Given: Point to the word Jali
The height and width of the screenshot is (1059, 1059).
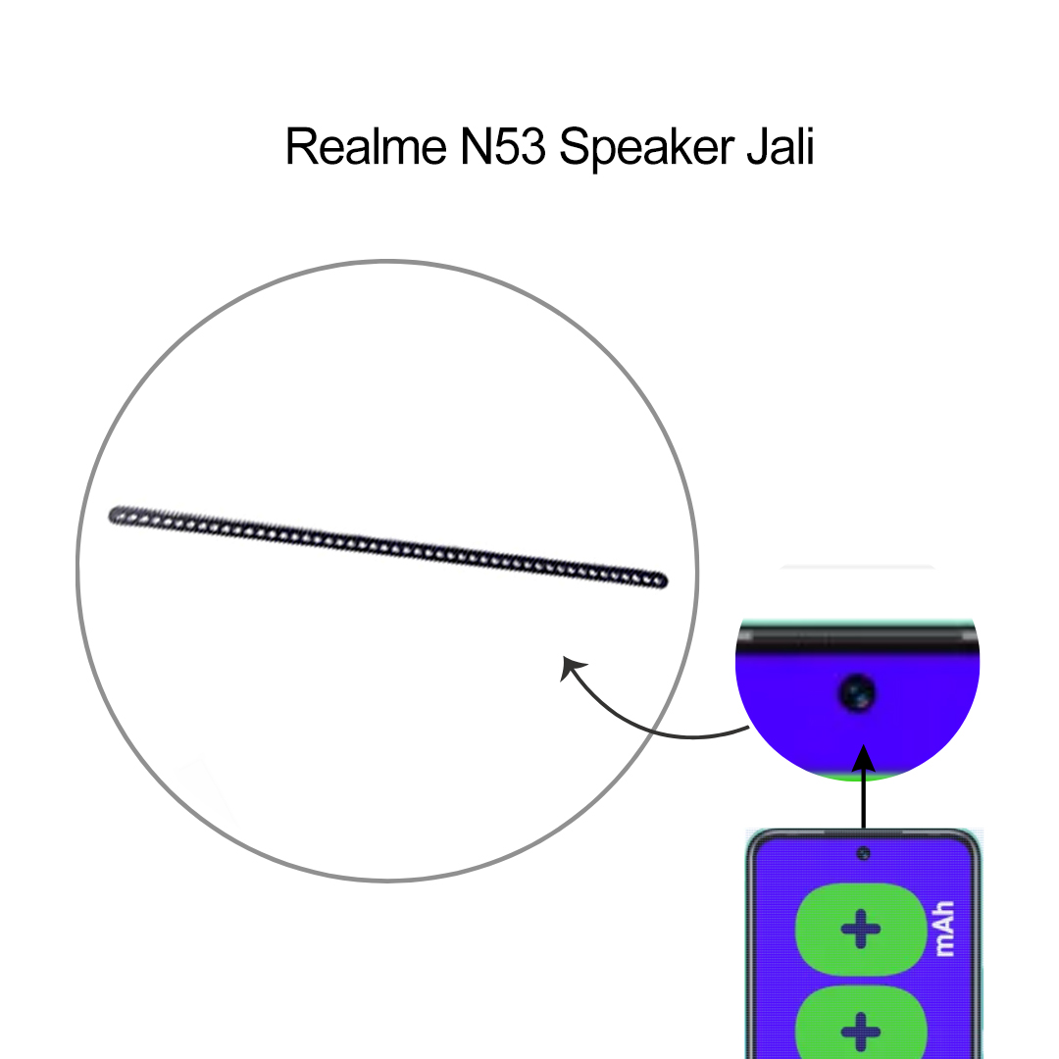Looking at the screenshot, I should coord(780,147).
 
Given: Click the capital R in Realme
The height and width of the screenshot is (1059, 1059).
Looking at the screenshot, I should coord(299,147).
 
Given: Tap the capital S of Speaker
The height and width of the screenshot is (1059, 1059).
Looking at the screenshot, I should coord(576,147).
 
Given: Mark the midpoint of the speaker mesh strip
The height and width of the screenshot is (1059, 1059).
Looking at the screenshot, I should coord(387,546).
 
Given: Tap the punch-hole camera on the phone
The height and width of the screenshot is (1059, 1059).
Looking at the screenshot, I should coord(863,853).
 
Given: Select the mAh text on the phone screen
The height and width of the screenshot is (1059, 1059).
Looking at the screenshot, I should coord(944,930).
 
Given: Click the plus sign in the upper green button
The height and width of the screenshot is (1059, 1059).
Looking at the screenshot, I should coord(861,929).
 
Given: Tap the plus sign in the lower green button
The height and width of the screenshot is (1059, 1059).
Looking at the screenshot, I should coord(861,1032).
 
